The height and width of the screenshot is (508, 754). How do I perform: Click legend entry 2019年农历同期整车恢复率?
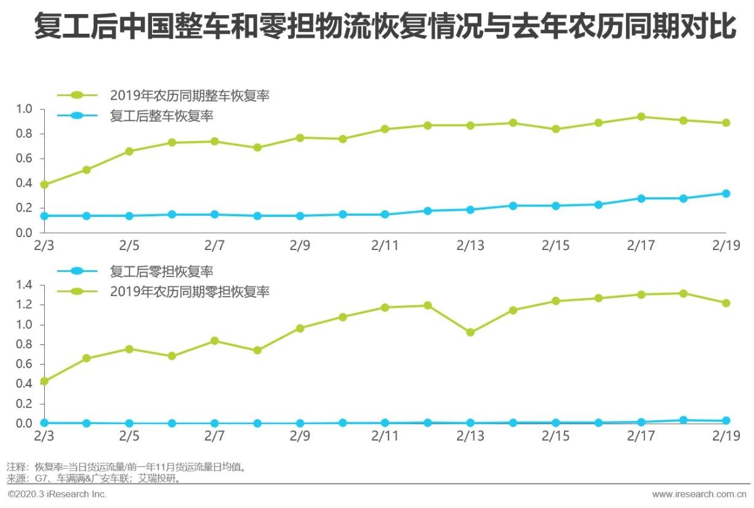coord(189,96)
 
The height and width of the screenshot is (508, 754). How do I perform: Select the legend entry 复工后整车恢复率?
coord(162,116)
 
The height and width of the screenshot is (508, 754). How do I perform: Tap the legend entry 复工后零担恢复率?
coord(162,271)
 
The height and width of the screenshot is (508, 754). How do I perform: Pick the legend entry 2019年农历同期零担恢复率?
coord(189,292)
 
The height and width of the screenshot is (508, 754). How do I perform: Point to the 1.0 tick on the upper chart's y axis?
coord(25,109)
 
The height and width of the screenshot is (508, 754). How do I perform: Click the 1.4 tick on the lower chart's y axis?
coord(25,285)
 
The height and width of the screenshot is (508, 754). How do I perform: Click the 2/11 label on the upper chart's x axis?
coord(384,246)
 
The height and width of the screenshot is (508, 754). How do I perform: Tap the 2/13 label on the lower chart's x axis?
coord(470,436)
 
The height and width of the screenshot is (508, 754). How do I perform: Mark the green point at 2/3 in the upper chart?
coord(44,184)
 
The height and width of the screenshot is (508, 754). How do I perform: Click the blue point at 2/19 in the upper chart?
coord(726,194)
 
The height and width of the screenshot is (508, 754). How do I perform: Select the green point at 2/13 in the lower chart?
coord(470,333)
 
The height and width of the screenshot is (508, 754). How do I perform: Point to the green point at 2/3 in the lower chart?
coord(44,381)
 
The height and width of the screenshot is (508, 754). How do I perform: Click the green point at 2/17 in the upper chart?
coord(641,116)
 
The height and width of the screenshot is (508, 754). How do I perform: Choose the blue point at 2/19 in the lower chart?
coord(726,421)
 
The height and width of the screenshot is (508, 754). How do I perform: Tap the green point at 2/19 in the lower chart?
coord(726,303)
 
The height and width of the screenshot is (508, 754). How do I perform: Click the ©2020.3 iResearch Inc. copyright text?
coord(56,494)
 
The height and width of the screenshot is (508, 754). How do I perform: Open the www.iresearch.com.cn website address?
coord(699,494)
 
